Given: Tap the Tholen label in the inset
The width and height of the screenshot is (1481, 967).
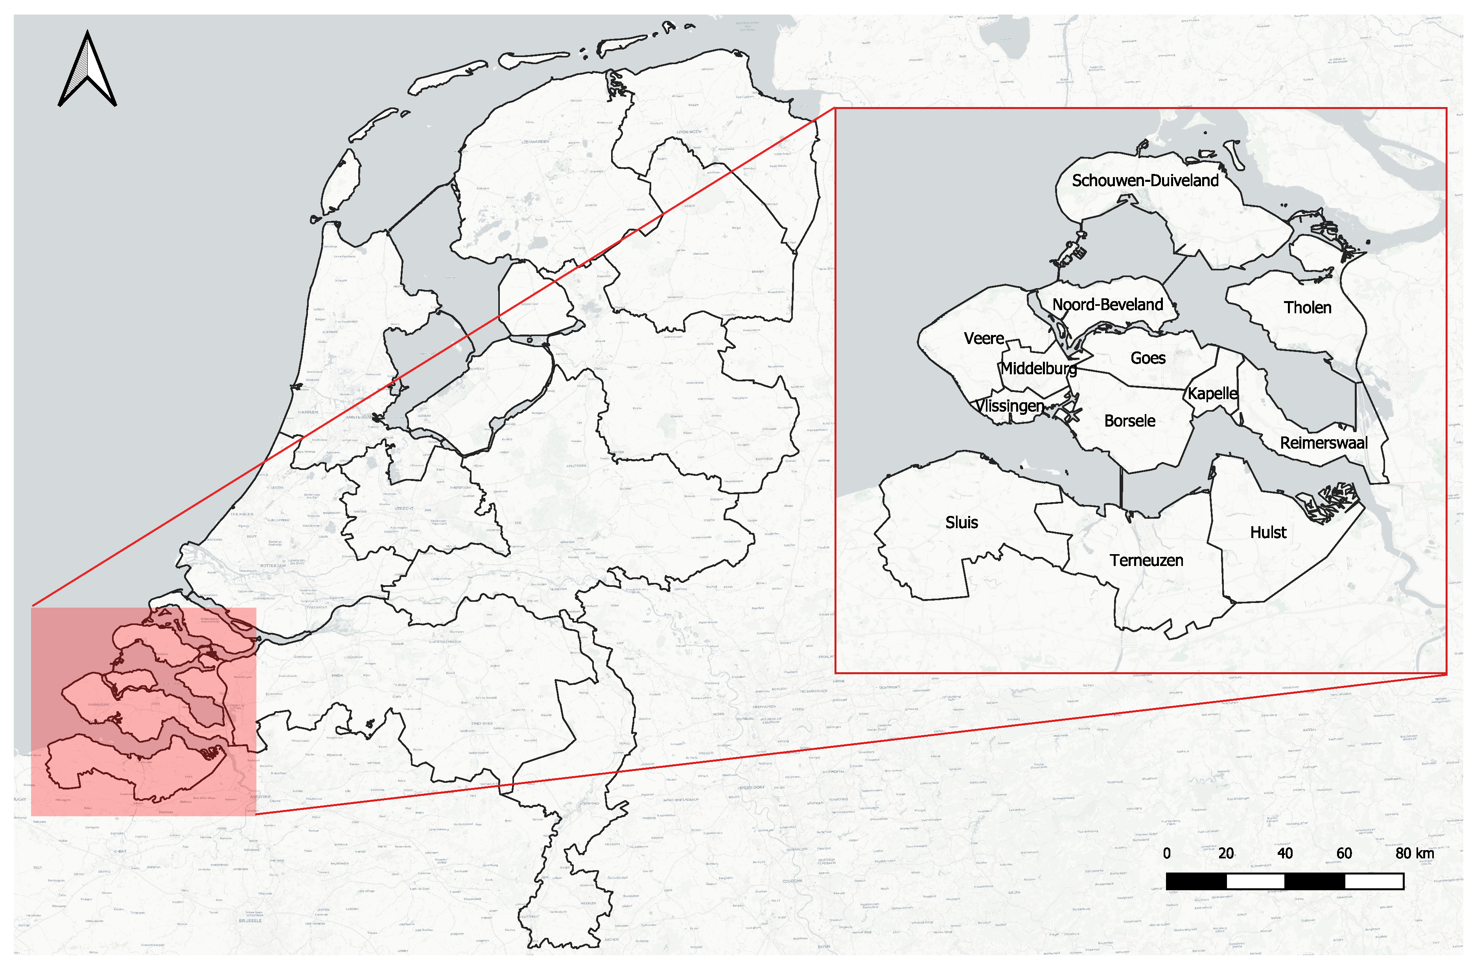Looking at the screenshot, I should [x=1308, y=308].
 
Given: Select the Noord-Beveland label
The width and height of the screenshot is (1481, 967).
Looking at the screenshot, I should [x=1108, y=305].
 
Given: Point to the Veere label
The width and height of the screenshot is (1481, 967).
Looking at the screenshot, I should [x=984, y=339].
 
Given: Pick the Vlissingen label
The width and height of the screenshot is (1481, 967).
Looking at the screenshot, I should [x=1009, y=406].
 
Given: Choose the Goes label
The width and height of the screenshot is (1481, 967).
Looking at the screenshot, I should [x=1148, y=358].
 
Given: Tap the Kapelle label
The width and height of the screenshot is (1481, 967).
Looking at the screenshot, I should [x=1212, y=394].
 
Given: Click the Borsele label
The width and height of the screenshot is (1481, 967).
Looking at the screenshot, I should [x=1129, y=421].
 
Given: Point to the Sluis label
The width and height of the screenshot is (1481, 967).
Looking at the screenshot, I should [x=962, y=522].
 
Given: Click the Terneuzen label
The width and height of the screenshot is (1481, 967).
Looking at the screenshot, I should [x=1146, y=560].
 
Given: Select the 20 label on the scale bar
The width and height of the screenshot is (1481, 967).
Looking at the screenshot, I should [x=1226, y=853].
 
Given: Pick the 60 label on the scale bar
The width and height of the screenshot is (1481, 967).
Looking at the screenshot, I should [x=1344, y=853].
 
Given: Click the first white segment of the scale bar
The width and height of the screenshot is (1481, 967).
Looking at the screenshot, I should [x=1255, y=881].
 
